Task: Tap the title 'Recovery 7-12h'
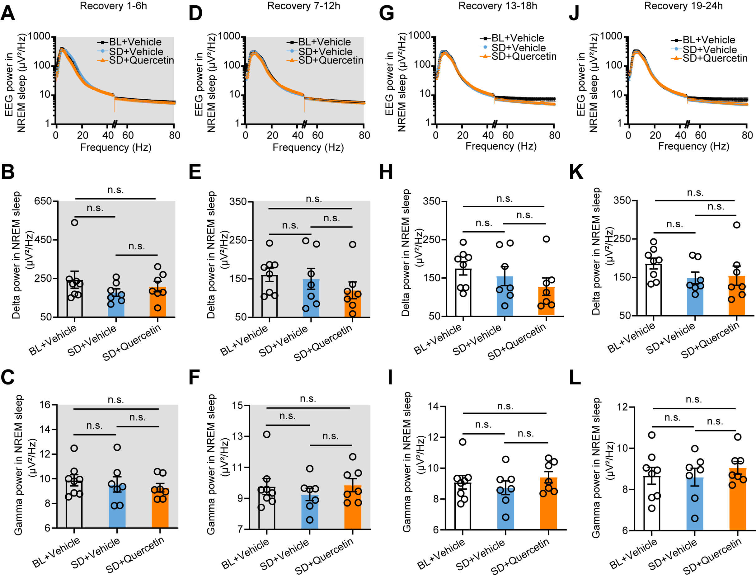point(303,6)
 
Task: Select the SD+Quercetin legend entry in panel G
point(524,57)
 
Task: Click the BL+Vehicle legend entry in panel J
point(708,40)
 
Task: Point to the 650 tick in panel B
point(43,201)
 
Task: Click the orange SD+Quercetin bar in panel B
point(157,302)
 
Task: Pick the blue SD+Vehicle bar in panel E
point(311,298)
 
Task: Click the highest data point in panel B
point(74,222)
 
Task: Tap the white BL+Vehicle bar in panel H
point(463,292)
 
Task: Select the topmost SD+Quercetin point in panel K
point(736,225)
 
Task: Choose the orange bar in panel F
point(353,507)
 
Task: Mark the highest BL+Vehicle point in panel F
point(267,434)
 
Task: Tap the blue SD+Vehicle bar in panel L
point(695,504)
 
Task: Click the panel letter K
point(576,172)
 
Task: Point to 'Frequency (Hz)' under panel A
point(116,148)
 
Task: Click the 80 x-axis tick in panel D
point(364,135)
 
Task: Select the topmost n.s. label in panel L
point(693,399)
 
